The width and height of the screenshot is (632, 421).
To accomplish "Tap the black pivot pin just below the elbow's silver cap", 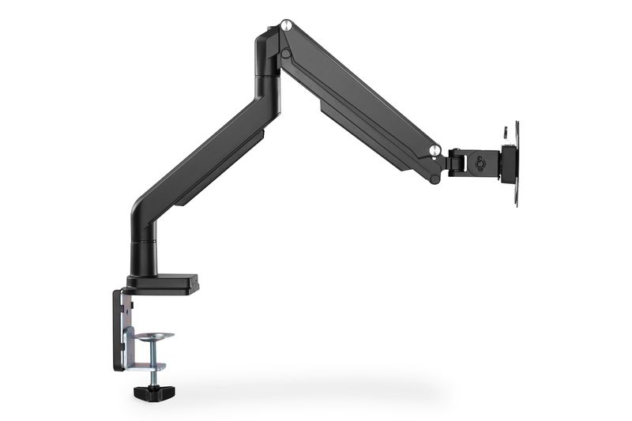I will point(287,54).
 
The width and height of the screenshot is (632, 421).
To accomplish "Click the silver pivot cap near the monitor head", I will point(434,148).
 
